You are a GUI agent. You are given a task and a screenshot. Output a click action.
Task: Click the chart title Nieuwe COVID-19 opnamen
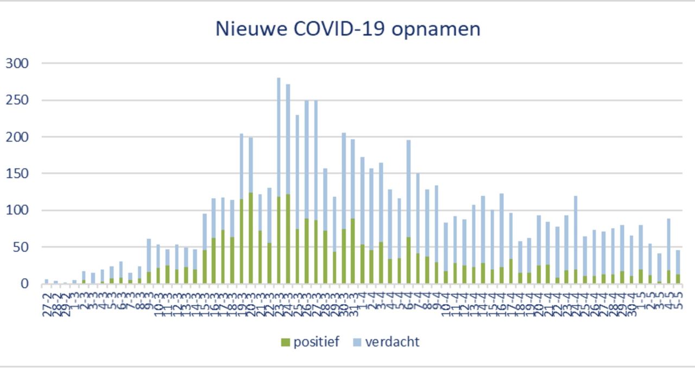point(347,29)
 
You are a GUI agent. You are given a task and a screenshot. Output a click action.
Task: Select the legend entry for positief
point(310,342)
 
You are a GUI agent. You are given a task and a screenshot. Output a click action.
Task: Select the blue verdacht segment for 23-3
point(279,136)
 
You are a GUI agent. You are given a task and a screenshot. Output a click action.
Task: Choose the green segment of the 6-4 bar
point(408,260)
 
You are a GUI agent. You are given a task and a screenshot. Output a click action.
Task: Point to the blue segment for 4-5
point(669,244)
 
